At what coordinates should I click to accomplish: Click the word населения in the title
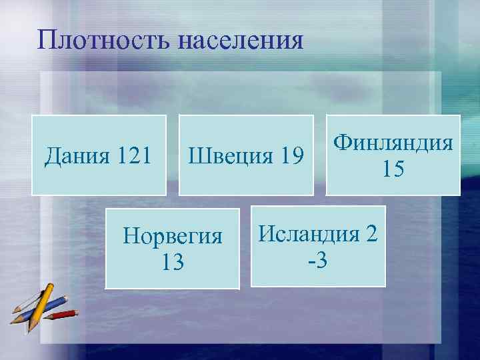tap(241, 41)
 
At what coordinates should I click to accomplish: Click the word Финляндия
tap(393, 142)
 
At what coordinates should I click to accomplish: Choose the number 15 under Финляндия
tap(393, 169)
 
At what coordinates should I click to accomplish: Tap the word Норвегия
tap(172, 237)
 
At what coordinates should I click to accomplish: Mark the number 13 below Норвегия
tap(172, 262)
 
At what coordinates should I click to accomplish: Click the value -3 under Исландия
tap(318, 259)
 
